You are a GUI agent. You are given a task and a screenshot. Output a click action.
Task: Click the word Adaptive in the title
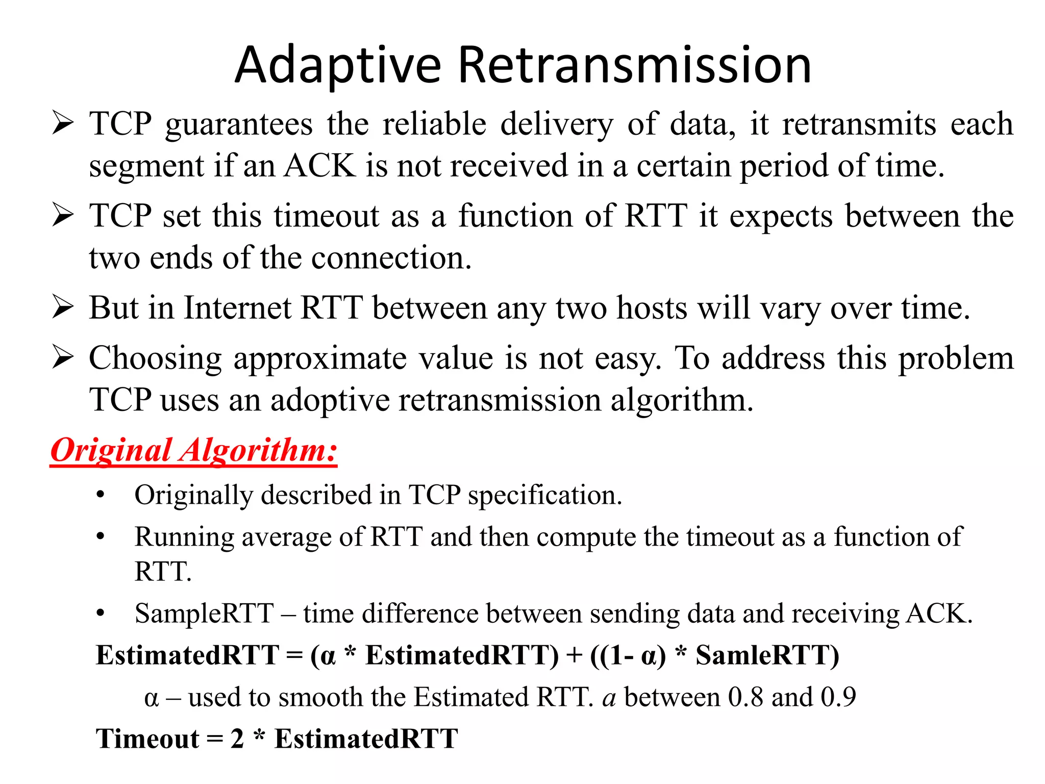pos(338,66)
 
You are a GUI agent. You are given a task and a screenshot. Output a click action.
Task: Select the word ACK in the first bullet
pos(320,166)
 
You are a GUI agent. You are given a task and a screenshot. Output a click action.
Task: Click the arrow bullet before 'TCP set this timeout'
pos(63,215)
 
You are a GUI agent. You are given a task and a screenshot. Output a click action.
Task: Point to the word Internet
pos(237,308)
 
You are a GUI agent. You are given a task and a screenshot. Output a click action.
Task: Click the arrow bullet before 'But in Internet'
pos(63,308)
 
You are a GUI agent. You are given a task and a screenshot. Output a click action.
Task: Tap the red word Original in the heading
pos(111,450)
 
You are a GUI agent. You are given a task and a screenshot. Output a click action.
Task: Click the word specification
pos(545,496)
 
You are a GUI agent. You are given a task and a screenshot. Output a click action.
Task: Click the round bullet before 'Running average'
pos(101,537)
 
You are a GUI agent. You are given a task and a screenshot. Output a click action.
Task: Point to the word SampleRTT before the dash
pos(204,614)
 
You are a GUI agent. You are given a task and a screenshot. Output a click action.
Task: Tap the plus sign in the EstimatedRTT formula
pos(575,655)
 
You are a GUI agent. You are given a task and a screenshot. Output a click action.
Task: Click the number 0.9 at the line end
pos(838,697)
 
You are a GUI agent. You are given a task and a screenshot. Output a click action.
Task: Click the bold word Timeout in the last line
pos(148,739)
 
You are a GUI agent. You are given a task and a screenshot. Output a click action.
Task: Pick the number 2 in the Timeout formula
pos(237,739)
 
